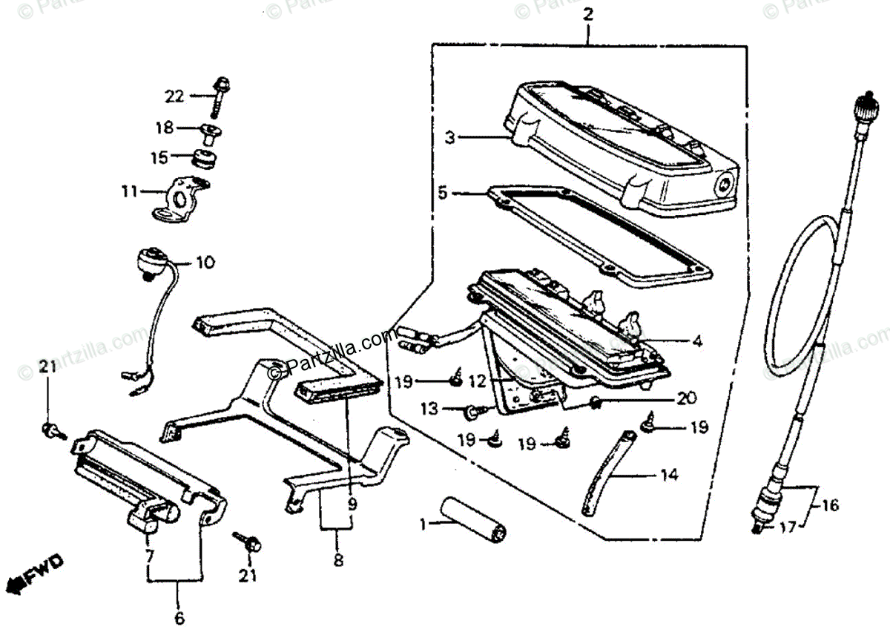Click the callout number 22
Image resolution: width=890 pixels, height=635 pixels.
[x=173, y=96]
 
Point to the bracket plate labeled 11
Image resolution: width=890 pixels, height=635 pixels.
[x=181, y=197]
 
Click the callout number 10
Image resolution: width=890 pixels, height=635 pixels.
[x=205, y=263]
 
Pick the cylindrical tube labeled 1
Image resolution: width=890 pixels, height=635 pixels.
[x=472, y=520]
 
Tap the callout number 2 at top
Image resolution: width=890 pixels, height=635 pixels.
[x=588, y=13]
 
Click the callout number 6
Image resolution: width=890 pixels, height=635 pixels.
[x=179, y=617]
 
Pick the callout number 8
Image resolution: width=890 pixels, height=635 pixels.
[x=338, y=562]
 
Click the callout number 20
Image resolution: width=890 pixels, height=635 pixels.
[x=687, y=398]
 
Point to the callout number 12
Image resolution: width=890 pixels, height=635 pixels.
[x=478, y=381]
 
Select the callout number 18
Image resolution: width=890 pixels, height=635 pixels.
[x=164, y=128]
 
